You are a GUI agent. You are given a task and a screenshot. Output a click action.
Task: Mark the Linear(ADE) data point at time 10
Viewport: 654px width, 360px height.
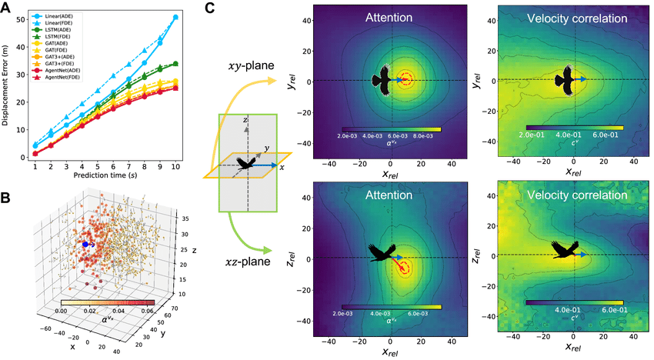coord(175,17)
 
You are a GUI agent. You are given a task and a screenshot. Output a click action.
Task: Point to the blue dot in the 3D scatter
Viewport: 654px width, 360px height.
coord(86,244)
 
